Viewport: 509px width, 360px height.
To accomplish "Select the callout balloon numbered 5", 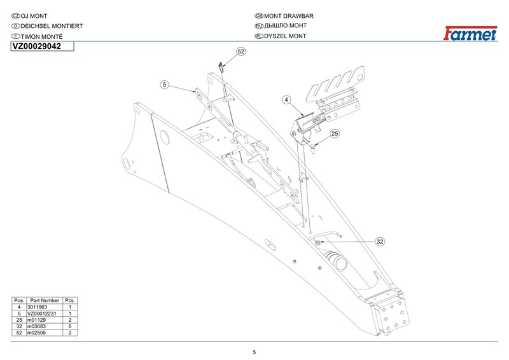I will (164, 85).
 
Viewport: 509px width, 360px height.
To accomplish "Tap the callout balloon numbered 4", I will (286, 100).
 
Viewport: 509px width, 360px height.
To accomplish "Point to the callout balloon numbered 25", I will (335, 134).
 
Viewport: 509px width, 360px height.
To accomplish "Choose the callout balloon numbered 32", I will (380, 242).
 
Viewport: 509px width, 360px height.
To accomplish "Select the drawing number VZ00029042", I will (37, 46).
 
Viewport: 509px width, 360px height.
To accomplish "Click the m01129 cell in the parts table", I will (36, 320).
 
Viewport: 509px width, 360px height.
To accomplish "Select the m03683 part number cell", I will (36, 326).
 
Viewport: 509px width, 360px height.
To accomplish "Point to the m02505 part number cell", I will (36, 333).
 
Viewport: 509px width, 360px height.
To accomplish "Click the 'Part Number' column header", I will (45, 300).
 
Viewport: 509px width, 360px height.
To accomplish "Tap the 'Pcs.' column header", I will (71, 300).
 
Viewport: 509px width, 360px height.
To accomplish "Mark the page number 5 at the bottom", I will (254, 352).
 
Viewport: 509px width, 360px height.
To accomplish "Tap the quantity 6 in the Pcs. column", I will (70, 326).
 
